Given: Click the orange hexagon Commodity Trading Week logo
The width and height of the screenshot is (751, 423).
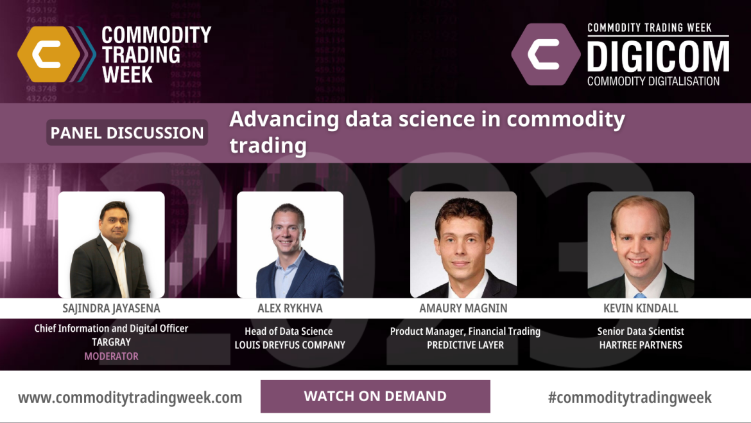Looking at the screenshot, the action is pyautogui.click(x=49, y=54).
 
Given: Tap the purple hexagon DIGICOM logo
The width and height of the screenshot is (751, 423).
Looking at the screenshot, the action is pyautogui.click(x=546, y=54).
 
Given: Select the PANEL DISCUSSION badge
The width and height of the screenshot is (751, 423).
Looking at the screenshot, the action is pyautogui.click(x=127, y=133).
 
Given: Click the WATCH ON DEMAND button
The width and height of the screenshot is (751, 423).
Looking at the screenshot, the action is pyautogui.click(x=375, y=396).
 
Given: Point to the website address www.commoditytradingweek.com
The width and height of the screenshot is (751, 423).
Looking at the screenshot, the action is pyautogui.click(x=130, y=397).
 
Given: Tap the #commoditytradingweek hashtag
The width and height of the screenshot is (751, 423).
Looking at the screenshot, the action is pyautogui.click(x=630, y=397).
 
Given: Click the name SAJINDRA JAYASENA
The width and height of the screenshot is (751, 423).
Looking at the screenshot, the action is pyautogui.click(x=111, y=309).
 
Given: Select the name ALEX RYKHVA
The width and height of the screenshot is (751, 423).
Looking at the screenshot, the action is pyautogui.click(x=289, y=309).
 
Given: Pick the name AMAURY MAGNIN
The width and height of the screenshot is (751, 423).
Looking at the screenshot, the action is pyautogui.click(x=463, y=309).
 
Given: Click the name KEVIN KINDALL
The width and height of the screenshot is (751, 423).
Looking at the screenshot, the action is pyautogui.click(x=641, y=309).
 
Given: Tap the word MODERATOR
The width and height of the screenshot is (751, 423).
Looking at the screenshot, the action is pyautogui.click(x=111, y=356).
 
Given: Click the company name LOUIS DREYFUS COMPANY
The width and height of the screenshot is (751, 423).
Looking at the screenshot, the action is pyautogui.click(x=289, y=345).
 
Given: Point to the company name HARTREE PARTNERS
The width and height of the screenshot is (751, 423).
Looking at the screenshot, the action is pyautogui.click(x=641, y=345).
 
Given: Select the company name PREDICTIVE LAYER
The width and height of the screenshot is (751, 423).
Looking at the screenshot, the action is pyautogui.click(x=465, y=345).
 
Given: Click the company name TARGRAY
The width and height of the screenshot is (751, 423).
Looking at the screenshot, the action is pyautogui.click(x=111, y=342).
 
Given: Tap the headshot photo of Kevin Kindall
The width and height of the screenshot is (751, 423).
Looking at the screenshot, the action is pyautogui.click(x=641, y=244).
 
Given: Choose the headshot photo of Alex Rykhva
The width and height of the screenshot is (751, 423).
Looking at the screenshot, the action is pyautogui.click(x=289, y=244).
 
